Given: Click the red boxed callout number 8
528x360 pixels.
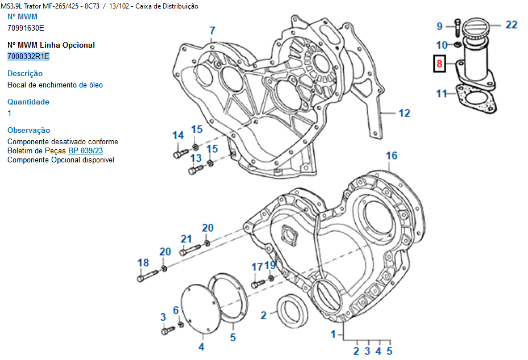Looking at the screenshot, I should [439, 64].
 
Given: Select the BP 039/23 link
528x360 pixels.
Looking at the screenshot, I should [85, 150].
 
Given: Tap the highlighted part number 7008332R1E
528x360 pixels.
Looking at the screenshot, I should [28, 56].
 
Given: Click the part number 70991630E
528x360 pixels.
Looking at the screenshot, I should [26, 28].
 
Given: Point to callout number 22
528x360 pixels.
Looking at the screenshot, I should [512, 24].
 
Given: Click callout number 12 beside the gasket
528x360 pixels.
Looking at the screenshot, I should [404, 114].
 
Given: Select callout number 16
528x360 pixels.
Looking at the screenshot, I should [392, 156].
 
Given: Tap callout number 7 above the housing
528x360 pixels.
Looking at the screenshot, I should [212, 31].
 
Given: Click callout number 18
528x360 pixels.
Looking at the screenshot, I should [143, 262].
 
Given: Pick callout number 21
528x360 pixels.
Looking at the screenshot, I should [186, 238].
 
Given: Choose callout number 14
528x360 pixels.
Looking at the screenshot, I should [178, 135].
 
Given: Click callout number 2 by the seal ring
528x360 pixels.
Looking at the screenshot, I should [264, 315].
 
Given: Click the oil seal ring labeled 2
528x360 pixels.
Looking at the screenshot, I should [294, 311].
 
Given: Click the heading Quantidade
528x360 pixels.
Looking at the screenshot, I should [28, 102].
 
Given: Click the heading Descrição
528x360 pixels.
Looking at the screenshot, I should [25, 73].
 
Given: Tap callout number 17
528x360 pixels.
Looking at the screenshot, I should [257, 267].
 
